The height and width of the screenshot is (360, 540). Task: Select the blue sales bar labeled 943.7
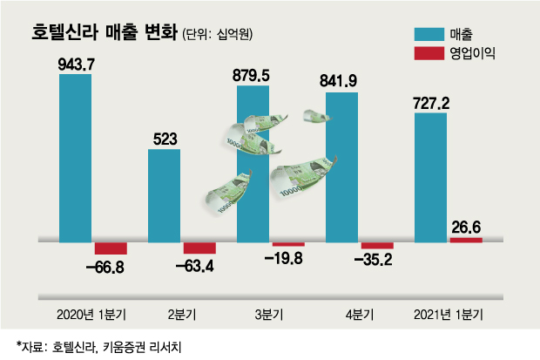(76, 157)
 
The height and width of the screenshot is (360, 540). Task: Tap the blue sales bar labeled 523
(165, 194)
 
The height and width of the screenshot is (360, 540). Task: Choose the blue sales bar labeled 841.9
(342, 166)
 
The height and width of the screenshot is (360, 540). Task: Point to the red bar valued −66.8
(111, 248)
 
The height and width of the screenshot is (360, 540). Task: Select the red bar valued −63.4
(199, 248)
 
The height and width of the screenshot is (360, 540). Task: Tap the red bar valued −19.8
(288, 243)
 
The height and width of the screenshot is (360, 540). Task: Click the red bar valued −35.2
(377, 245)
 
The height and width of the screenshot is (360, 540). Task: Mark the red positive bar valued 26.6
(466, 239)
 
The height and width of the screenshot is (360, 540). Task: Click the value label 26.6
(466, 228)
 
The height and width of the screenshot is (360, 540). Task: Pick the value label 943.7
(76, 64)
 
